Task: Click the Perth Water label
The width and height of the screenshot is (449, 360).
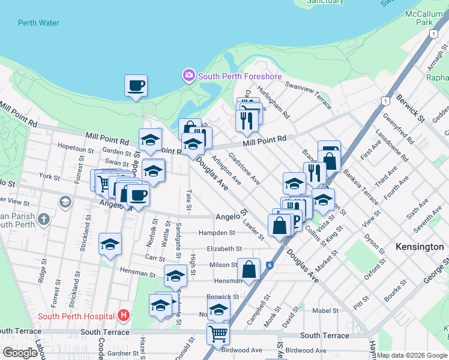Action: [x=40, y=23]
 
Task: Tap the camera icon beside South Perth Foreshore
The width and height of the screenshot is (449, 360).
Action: [x=188, y=76]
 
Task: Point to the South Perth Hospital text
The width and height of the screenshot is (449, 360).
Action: [x=76, y=316]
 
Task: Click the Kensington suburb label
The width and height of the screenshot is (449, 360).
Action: [x=420, y=247]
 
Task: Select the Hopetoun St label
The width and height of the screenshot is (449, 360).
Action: [x=74, y=146]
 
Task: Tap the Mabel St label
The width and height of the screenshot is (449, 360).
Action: [x=325, y=310]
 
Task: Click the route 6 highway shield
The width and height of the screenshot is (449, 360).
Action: [x=270, y=265]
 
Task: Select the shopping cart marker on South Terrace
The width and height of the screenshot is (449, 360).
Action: [x=218, y=333]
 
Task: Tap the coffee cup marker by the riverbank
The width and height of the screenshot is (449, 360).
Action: [x=136, y=85]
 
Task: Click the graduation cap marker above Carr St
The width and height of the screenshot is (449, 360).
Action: [x=110, y=244]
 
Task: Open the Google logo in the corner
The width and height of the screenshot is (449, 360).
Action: [x=20, y=353]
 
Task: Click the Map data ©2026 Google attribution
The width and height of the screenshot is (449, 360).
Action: [x=412, y=355]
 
